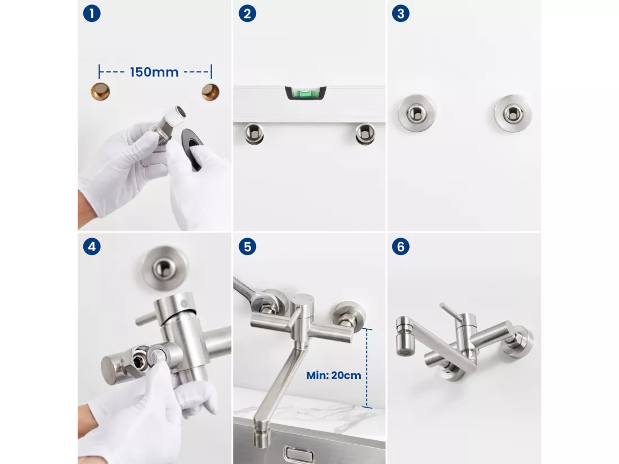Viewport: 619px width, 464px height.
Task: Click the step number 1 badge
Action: (x=92, y=14)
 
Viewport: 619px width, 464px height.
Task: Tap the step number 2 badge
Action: (x=248, y=14)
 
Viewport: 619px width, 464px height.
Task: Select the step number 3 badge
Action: (x=401, y=14)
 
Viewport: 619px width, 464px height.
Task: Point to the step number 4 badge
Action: (x=92, y=247)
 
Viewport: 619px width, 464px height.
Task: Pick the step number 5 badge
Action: (x=248, y=247)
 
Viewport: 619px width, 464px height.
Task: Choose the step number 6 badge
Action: (x=401, y=247)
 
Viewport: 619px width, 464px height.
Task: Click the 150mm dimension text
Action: (x=154, y=72)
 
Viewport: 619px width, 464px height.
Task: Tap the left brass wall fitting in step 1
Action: (x=100, y=92)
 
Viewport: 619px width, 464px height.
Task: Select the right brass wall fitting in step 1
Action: (x=210, y=92)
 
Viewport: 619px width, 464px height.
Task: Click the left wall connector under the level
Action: (x=254, y=133)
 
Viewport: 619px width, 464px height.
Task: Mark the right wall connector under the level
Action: (x=365, y=133)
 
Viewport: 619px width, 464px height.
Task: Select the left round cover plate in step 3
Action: (x=416, y=113)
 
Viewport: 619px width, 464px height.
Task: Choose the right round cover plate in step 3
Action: (x=513, y=113)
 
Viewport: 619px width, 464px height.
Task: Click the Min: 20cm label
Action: (x=334, y=375)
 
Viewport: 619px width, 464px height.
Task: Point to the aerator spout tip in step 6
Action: (x=405, y=336)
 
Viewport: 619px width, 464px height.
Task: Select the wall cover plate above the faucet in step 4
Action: (x=165, y=268)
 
